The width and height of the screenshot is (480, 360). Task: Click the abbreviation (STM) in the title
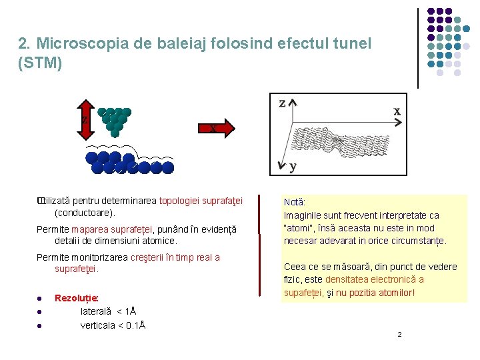pos(41,63)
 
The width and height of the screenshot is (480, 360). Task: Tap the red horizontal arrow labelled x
pos(216,128)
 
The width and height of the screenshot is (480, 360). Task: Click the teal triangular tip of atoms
pos(115,119)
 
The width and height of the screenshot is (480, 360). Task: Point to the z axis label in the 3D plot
pos(282,103)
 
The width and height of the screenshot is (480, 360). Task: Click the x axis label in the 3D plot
pos(397,111)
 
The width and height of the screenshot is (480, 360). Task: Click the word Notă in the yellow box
pos(294,202)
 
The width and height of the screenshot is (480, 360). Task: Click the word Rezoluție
pos(77,298)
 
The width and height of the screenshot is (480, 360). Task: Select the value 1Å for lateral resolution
pos(131,311)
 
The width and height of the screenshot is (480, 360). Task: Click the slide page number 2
pos(399,334)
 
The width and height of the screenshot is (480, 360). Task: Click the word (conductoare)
pos(85,213)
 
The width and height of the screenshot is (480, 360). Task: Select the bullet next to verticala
pos(40,326)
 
